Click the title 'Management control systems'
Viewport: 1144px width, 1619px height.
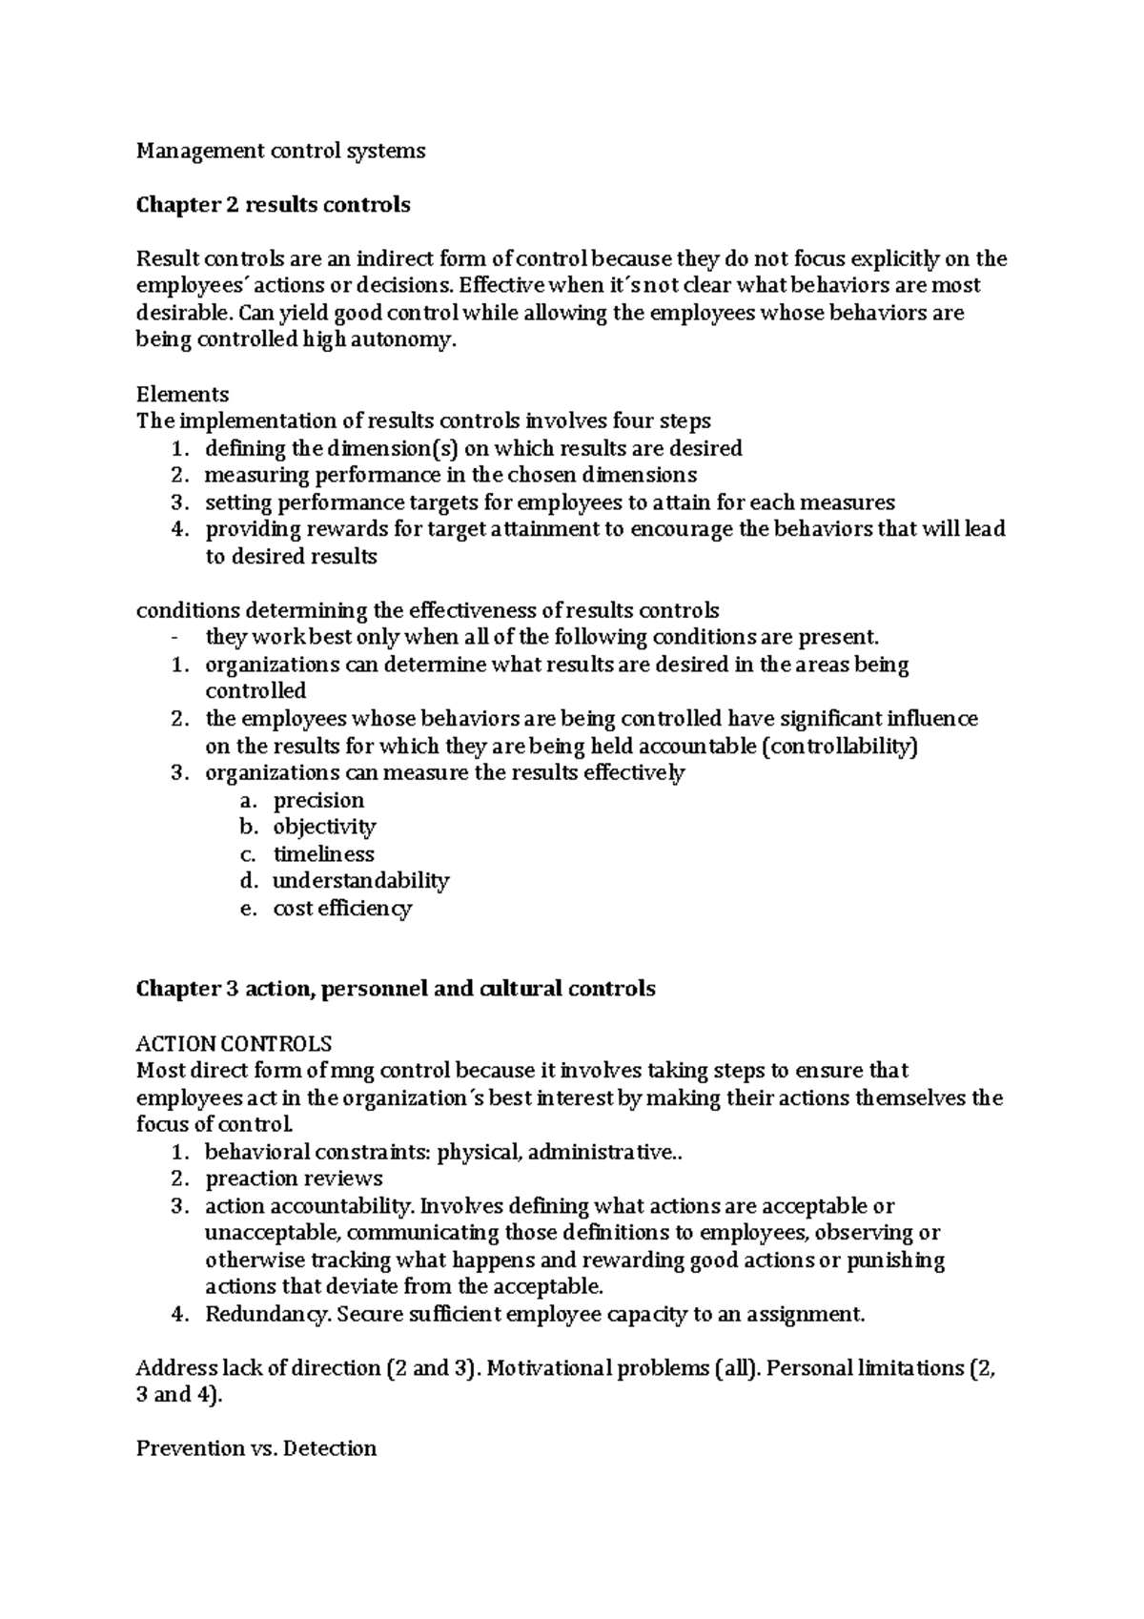[x=280, y=151]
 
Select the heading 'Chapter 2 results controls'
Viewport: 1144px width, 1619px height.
[x=273, y=205]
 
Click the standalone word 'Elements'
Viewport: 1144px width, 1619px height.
[x=182, y=395]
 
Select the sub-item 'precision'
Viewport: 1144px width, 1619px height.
[x=318, y=800]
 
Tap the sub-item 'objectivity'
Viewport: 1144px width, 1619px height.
[x=324, y=827]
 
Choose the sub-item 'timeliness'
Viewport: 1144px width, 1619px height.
[x=323, y=854]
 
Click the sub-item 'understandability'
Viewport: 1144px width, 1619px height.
[x=360, y=881]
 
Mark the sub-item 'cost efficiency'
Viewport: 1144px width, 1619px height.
[x=342, y=909]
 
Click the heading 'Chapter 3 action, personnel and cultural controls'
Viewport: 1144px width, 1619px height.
[x=396, y=989]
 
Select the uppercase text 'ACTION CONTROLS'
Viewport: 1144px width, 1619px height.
[x=234, y=1043]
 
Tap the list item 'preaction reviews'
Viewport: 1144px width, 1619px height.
[x=294, y=1178]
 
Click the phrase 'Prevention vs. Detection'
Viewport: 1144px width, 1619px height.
[x=256, y=1449]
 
